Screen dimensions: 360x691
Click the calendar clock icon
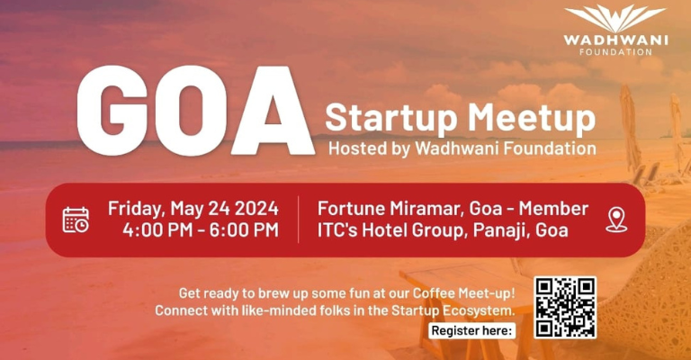[76, 219]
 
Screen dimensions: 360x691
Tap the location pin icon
[616, 219]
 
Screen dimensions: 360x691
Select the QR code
[565, 307]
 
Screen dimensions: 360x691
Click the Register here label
[472, 330]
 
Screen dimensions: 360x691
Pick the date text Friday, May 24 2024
[193, 208]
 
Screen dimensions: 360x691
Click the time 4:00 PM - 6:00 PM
[201, 230]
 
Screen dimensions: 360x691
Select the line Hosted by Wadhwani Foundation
[462, 148]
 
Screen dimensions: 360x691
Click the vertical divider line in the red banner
[298, 220]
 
